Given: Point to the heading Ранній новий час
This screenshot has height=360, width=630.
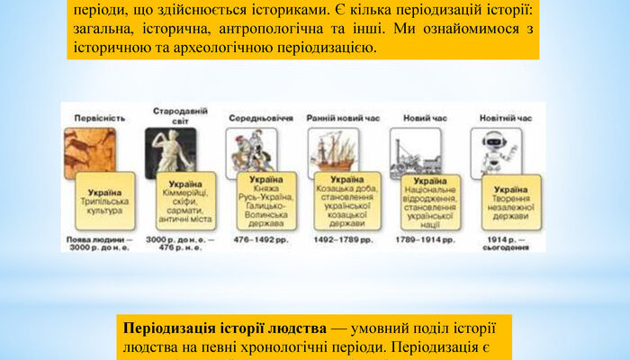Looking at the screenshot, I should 336,118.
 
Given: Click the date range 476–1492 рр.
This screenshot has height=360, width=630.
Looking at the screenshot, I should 258,241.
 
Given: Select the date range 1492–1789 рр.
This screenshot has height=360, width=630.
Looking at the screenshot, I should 341,241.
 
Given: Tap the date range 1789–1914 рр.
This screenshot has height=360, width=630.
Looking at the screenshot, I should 423,241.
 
